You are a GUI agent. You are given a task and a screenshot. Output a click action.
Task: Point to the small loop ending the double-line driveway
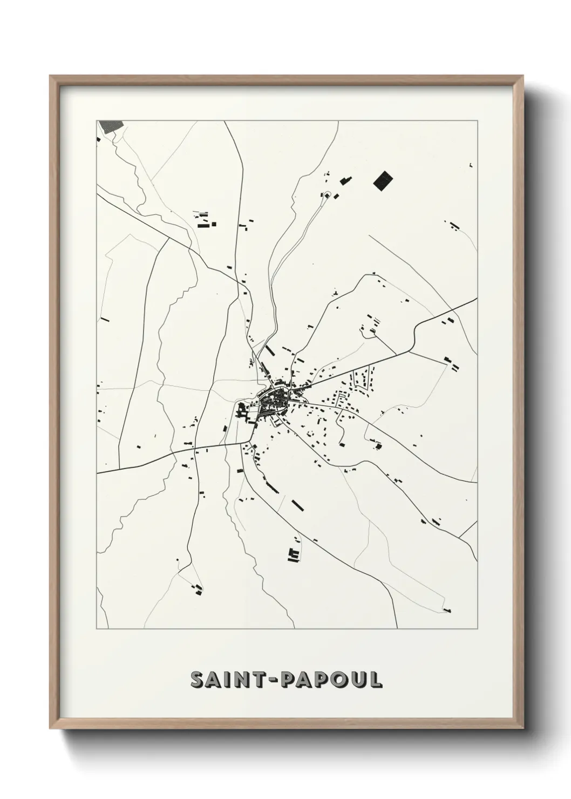pyautogui.click(x=326, y=194)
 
